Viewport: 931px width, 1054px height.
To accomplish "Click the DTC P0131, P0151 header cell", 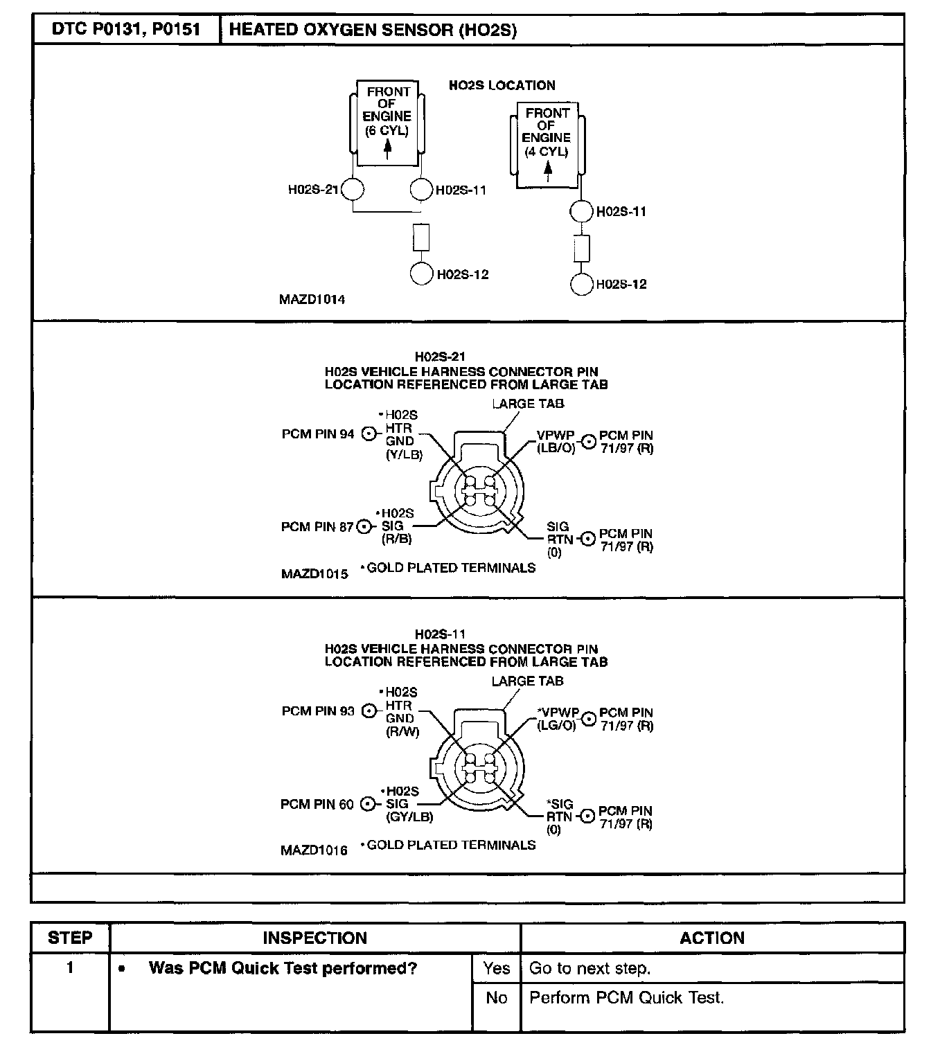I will (x=126, y=30).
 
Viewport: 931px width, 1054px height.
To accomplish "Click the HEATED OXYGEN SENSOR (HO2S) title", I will (x=372, y=30).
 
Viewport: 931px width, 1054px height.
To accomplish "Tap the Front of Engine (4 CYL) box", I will (x=547, y=143).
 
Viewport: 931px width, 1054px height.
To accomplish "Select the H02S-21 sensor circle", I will (x=353, y=189).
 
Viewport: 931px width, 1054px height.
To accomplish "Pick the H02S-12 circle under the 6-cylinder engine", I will (x=421, y=274).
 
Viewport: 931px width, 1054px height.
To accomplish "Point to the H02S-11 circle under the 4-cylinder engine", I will (x=581, y=211).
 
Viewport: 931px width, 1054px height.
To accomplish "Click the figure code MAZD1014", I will (x=312, y=300).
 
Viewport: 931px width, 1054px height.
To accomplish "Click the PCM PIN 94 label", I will (x=318, y=434).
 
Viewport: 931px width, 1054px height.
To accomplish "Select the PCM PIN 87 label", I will (x=318, y=527).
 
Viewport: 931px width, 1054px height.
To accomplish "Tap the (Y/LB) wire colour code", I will (x=404, y=454).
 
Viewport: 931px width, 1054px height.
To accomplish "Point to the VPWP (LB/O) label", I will (x=556, y=442).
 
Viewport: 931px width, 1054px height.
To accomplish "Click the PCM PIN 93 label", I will (x=318, y=711).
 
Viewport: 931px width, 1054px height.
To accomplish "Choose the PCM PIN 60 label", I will (x=317, y=804).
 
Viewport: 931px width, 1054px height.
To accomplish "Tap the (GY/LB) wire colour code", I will (x=409, y=816).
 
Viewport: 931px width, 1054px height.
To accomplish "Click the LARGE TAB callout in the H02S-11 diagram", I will (x=527, y=681).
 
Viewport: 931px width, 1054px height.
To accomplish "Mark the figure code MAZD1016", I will (x=314, y=850).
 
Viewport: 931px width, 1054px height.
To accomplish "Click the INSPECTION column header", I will (x=314, y=938).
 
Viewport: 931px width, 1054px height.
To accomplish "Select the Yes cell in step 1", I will (x=496, y=968).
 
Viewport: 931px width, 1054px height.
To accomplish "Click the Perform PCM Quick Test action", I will (x=626, y=998).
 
